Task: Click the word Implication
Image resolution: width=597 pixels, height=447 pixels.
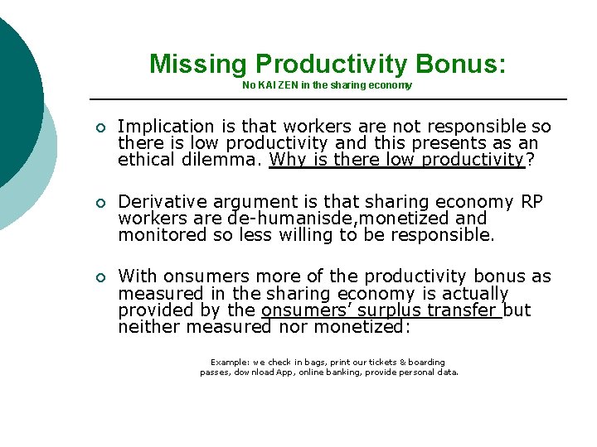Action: click(x=166, y=127)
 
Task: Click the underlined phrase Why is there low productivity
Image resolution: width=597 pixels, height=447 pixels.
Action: click(x=397, y=160)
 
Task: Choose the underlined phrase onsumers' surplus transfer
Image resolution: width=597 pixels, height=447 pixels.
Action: click(x=381, y=310)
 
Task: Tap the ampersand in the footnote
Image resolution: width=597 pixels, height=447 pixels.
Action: click(x=402, y=363)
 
